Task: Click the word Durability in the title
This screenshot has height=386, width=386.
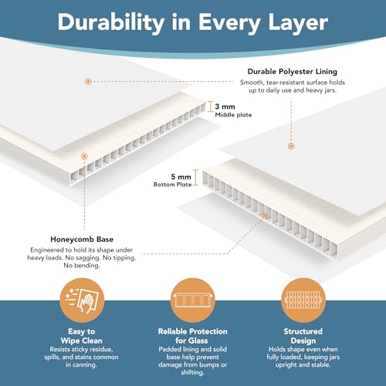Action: pos(111,22)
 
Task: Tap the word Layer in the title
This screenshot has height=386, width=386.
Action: pos(298,22)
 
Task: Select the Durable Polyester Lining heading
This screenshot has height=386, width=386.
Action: pos(293,72)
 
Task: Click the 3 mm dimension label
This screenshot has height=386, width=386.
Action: pos(225,107)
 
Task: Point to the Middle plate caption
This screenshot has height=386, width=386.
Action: pos(233,115)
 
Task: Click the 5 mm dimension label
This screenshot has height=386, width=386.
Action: pos(181,177)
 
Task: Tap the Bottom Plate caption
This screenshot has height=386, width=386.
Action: pos(172,185)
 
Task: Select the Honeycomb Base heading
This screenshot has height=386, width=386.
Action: pos(82,239)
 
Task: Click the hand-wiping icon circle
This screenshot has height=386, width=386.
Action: pos(82,300)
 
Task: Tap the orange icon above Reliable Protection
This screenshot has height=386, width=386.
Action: pos(193,300)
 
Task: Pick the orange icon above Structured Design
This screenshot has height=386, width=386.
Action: pos(303,300)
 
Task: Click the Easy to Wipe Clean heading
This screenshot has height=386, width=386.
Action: pos(82,336)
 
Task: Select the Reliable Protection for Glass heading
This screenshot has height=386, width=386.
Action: pos(193,336)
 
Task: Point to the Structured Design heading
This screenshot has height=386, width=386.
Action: pos(303,336)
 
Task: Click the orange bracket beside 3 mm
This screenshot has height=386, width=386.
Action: pos(211,107)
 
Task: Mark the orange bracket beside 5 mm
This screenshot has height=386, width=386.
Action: pos(195,177)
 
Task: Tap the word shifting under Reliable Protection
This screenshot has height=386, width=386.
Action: pos(192,373)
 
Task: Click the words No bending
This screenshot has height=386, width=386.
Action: pos(82,266)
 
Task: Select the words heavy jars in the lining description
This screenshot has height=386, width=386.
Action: pos(321,90)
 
